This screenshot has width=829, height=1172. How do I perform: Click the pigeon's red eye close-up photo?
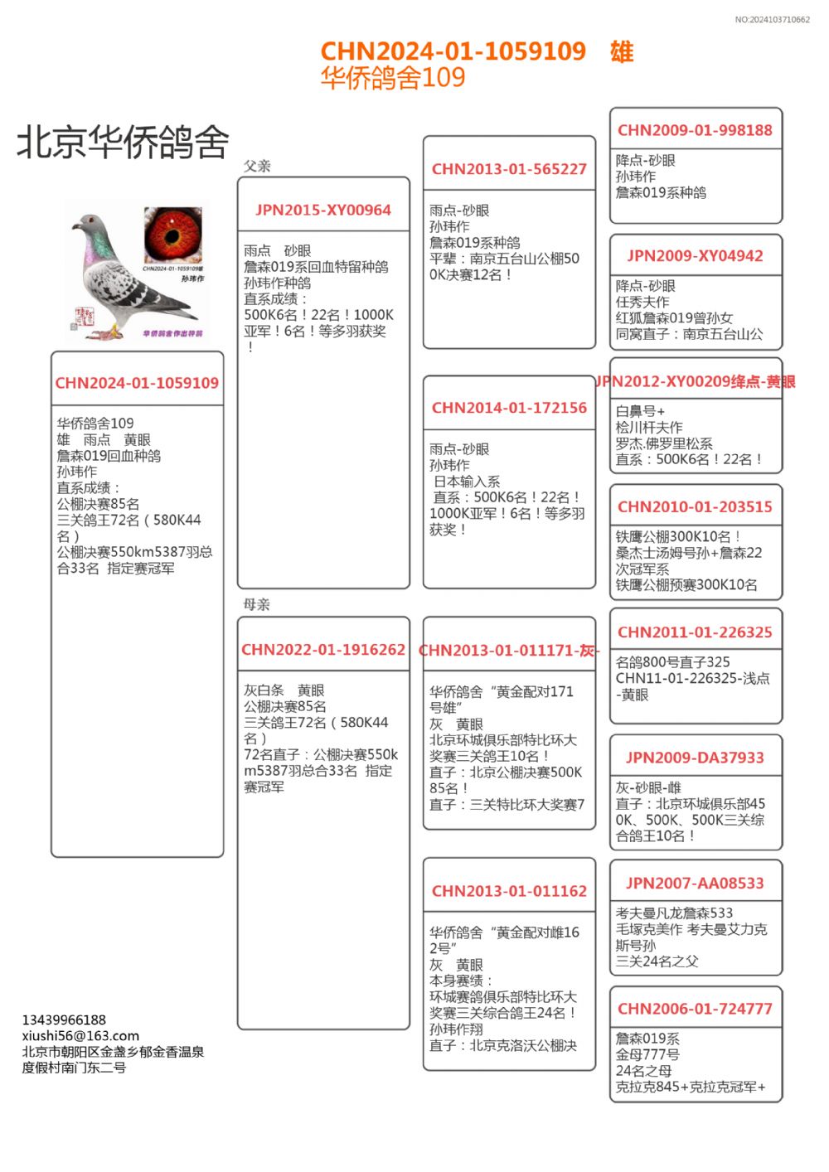coord(172,235)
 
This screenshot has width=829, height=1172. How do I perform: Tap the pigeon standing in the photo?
coord(124,278)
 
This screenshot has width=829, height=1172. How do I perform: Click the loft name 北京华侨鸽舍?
coord(123,143)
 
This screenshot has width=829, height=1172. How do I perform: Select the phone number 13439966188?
coord(64,1019)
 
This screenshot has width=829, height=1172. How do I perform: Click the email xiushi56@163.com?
coord(80,1035)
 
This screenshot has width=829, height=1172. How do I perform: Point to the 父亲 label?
coord(257,166)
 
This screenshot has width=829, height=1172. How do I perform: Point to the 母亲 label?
coord(257,604)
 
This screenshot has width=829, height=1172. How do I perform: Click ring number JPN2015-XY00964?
coord(323,210)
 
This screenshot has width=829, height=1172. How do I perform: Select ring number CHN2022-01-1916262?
coord(323,650)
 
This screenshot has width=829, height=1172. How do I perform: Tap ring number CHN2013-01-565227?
coord(509,169)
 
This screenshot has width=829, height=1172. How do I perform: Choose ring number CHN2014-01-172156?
coord(509,408)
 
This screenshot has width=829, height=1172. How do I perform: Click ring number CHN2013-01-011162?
coord(509,891)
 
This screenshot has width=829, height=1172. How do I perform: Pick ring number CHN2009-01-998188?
coord(695,130)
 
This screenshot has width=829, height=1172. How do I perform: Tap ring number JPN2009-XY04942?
coord(695,256)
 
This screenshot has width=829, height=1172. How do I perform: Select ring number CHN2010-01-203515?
coord(695,506)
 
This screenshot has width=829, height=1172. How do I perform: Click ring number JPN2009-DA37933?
coord(695,758)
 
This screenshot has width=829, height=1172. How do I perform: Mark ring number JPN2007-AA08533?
coord(695,884)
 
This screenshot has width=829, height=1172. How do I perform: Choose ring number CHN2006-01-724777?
coord(695,1009)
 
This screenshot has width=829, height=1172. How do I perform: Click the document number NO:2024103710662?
coord(772,20)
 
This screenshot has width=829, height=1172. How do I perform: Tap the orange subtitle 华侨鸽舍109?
coord(393,78)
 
